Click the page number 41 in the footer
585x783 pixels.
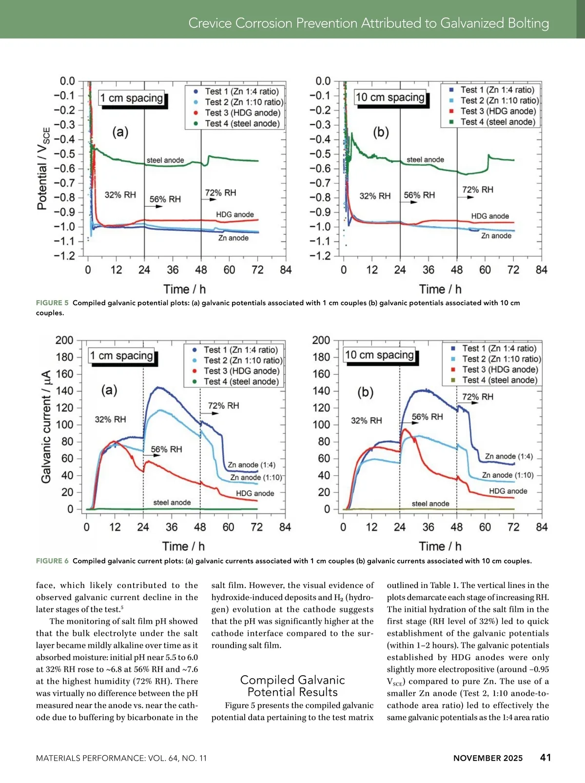point(546,757)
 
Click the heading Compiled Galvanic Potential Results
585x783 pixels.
point(292,686)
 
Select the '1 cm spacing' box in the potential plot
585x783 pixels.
point(132,98)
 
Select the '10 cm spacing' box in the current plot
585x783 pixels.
point(379,355)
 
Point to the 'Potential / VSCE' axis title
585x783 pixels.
point(43,168)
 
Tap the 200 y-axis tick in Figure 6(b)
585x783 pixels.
point(321,340)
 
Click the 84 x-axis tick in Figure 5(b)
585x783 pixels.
point(541,270)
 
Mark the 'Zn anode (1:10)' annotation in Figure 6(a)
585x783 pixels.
point(256,477)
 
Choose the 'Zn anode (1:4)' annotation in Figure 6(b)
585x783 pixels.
point(508,456)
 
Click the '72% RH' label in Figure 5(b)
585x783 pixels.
point(477,190)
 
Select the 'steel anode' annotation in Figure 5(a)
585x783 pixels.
point(165,160)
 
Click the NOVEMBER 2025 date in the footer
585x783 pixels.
point(487,758)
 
